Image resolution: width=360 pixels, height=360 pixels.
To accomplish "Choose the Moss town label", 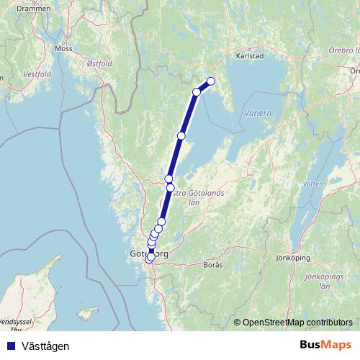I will [63, 49].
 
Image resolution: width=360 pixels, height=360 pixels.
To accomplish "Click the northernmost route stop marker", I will [211, 81].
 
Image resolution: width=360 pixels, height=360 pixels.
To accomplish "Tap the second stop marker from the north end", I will [197, 92].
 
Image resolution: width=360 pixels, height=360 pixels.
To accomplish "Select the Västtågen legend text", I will [45, 346].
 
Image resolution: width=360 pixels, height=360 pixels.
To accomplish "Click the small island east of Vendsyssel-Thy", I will [89, 313].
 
